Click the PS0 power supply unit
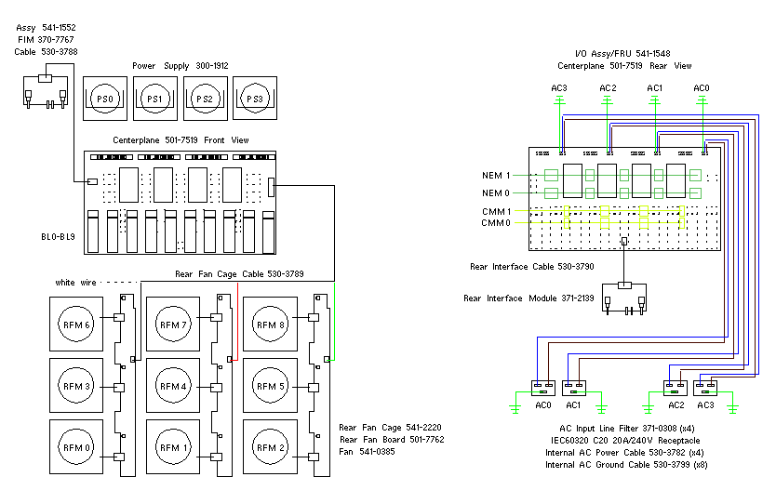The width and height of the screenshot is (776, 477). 105,98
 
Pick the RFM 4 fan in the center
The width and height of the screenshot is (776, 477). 171,386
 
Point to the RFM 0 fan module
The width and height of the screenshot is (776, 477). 74,447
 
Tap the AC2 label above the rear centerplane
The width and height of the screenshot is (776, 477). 608,88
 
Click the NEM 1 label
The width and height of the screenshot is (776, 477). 496,175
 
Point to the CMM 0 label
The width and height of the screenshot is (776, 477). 496,223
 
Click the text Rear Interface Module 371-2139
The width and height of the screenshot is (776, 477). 527,298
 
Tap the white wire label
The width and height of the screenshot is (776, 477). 77,282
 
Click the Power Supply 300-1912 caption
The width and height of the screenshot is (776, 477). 180,66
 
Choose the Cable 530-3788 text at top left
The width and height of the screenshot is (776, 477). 38,52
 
